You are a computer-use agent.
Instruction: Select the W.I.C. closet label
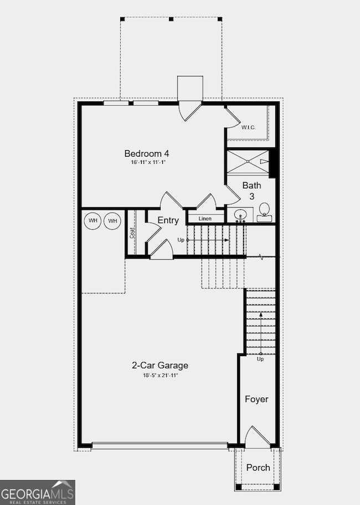(x=249, y=127)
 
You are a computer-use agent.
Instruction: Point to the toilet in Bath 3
(x=265, y=211)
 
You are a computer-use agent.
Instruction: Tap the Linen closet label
(x=205, y=219)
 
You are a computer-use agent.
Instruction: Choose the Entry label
(x=168, y=220)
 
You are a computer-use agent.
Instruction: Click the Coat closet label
(x=132, y=233)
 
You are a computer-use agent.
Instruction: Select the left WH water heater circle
(x=93, y=221)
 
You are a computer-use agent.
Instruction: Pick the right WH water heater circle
(x=113, y=221)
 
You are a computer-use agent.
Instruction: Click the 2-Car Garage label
(x=160, y=365)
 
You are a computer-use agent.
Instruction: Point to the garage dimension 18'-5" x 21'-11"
(x=160, y=375)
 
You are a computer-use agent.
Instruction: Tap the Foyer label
(x=257, y=399)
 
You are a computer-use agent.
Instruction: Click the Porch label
(x=258, y=467)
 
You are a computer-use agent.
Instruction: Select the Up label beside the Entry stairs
(x=181, y=240)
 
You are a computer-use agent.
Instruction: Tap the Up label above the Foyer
(x=260, y=359)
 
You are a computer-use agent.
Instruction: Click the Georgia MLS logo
(x=38, y=492)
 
